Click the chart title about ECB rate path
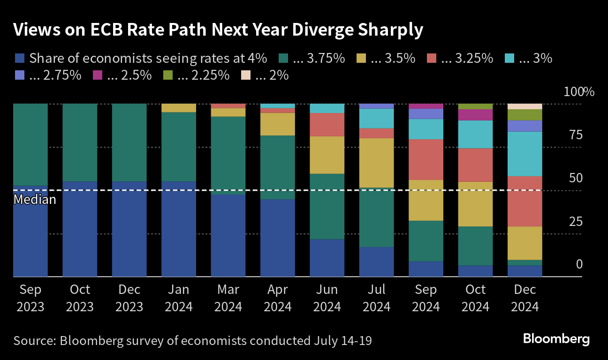click(x=218, y=30)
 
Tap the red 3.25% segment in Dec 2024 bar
click(x=525, y=201)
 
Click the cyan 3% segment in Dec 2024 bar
click(x=525, y=154)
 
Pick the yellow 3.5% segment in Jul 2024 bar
click(x=377, y=163)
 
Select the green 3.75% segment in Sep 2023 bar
click(x=30, y=144)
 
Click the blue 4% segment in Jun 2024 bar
click(x=327, y=258)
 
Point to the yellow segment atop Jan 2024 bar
click(x=179, y=108)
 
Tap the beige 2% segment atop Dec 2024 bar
click(x=525, y=106)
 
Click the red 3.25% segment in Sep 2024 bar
click(x=426, y=159)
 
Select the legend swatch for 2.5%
click(x=98, y=75)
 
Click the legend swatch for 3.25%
click(x=432, y=59)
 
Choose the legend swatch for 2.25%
click(x=168, y=75)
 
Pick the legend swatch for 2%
click(x=246, y=75)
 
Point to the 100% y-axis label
click(x=578, y=92)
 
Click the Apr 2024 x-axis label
click(x=278, y=298)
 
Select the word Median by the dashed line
click(x=35, y=200)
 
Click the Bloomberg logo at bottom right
click(x=556, y=338)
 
